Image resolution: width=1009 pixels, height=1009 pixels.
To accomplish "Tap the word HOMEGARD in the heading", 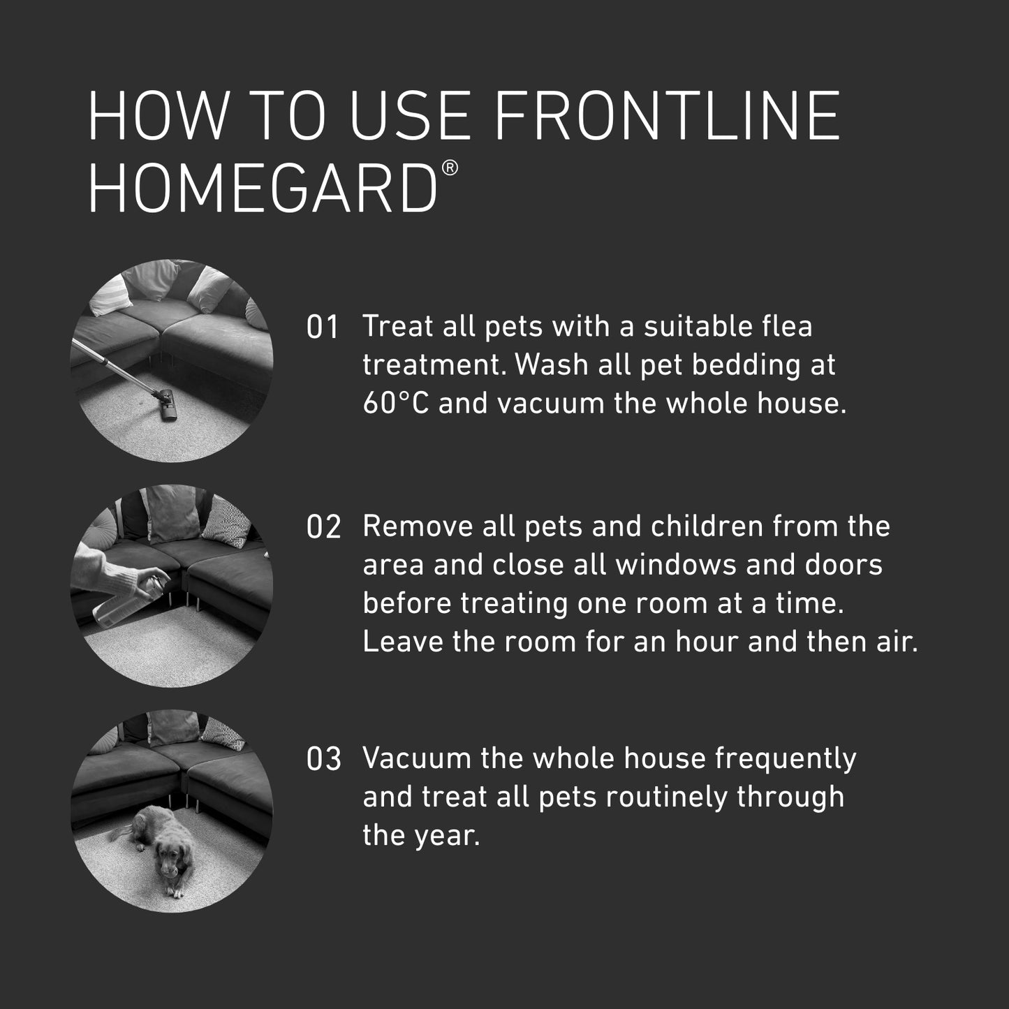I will (263, 189).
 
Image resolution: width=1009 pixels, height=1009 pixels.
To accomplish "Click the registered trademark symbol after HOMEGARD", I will (450, 168).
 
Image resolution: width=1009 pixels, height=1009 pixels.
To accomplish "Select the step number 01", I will (323, 327).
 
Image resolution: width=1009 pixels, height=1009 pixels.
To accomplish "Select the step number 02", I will (323, 527).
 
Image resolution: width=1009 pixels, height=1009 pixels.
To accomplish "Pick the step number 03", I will (323, 760).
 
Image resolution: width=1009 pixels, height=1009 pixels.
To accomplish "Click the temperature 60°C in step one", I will (395, 404).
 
